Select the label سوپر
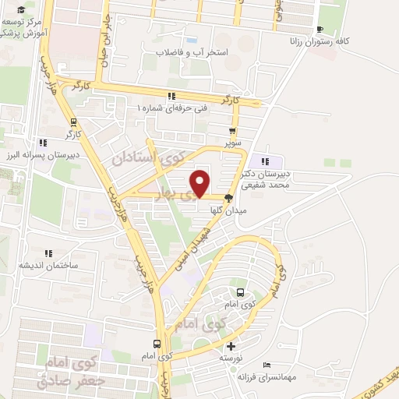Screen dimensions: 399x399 coord(233,143)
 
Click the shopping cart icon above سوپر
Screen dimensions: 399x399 coord(232,131)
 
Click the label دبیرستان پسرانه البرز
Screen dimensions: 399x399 coord(37,155)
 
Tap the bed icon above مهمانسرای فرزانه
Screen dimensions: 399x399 coord(267,364)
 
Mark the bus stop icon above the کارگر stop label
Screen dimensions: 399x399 coord(73,122)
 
